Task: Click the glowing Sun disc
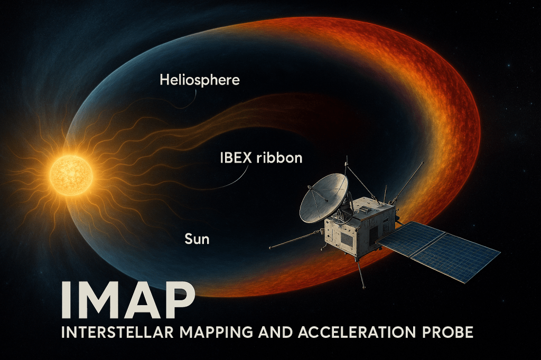pyautogui.click(x=71, y=176)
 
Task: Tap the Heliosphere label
pyautogui.click(x=200, y=80)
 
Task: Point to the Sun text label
pyautogui.click(x=197, y=239)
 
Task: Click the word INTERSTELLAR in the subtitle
pyautogui.click(x=118, y=332)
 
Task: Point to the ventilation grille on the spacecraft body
pyautogui.click(x=348, y=239)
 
